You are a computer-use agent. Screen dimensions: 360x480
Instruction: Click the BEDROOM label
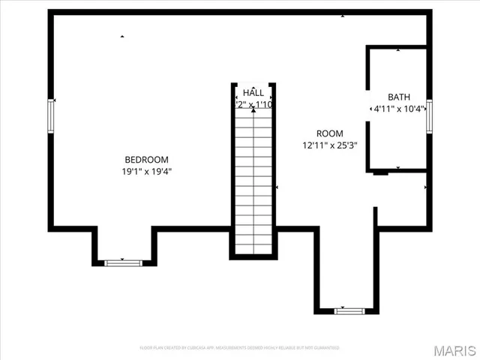[146, 159]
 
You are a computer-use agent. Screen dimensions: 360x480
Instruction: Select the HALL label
[253, 93]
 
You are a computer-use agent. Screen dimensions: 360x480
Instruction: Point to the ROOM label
[329, 133]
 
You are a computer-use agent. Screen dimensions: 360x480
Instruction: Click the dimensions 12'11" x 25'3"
[329, 145]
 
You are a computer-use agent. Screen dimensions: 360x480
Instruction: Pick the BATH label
[399, 97]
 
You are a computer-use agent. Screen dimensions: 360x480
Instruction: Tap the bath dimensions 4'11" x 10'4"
[399, 109]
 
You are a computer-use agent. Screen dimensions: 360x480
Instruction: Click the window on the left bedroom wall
[52, 115]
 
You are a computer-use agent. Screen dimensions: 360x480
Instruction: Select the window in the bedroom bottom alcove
[123, 262]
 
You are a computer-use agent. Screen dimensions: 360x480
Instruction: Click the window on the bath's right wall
[430, 115]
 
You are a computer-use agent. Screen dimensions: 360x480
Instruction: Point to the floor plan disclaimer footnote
[239, 348]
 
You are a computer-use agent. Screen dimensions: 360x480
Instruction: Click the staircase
[253, 180]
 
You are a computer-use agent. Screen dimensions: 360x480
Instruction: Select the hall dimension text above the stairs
[253, 105]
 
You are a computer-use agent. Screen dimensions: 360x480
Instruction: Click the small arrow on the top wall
[343, 15]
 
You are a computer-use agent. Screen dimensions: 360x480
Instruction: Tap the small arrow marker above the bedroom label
[122, 36]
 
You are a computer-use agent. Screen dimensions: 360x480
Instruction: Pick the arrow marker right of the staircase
[277, 187]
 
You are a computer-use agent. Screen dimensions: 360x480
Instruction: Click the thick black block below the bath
[380, 172]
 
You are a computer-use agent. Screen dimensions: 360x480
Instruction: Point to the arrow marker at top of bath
[398, 50]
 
